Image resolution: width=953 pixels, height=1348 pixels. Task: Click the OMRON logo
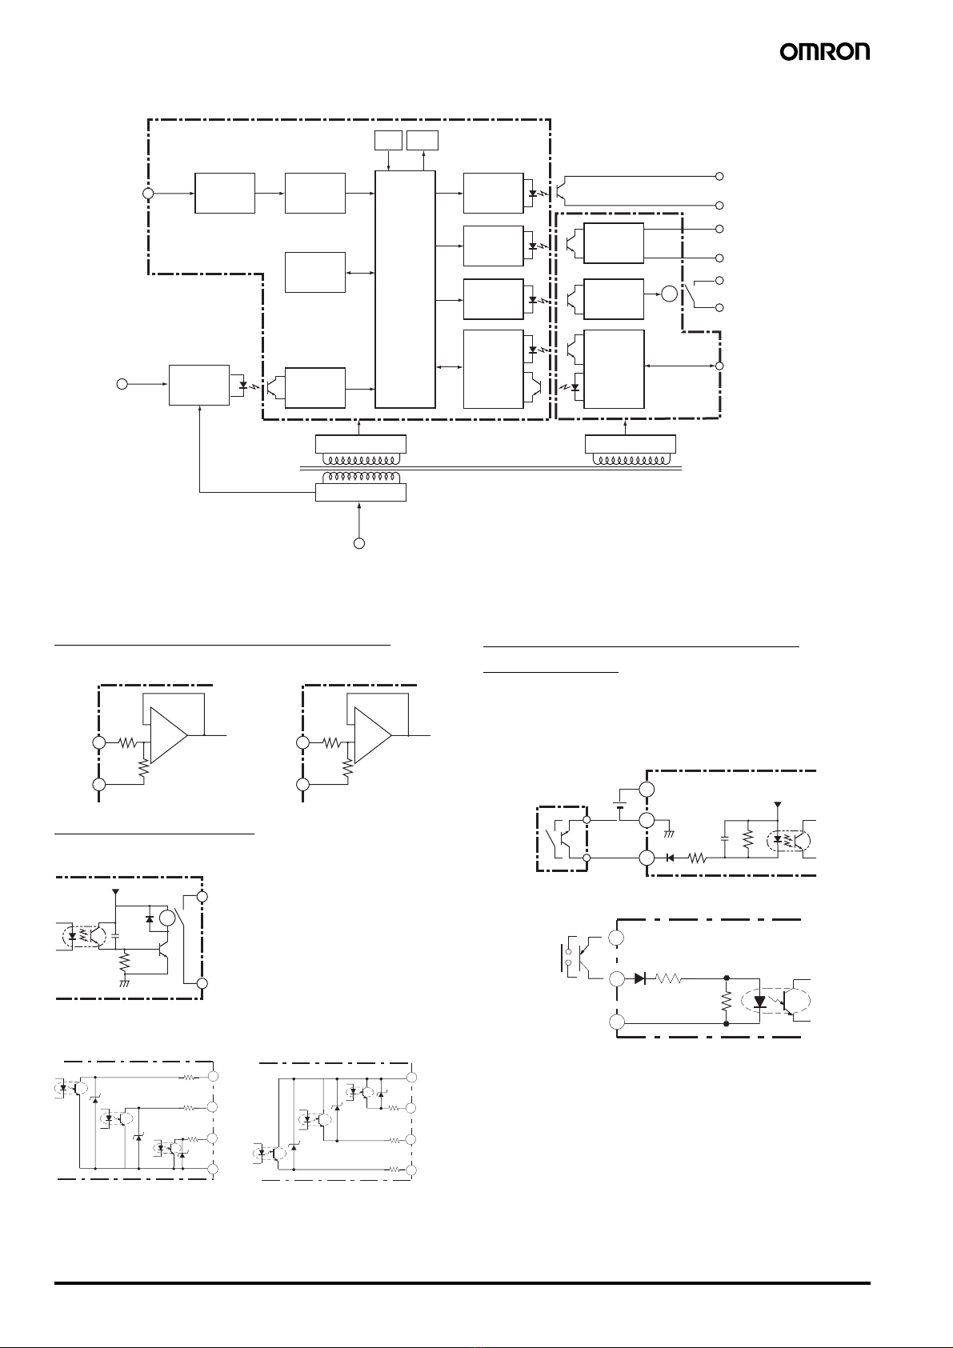pos(825,52)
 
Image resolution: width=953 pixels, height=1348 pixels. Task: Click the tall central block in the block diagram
pos(405,290)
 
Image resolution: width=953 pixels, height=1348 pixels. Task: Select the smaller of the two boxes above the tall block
pos(388,140)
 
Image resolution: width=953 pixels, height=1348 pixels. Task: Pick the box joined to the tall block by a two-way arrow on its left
pos(314,273)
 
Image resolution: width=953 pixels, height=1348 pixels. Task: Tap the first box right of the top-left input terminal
pos(225,193)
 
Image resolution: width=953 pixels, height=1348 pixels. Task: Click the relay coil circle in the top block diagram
pos(670,294)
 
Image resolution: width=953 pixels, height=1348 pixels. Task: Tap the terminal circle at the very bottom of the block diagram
pos(358,543)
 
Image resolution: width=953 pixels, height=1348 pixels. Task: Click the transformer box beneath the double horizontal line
pos(361,492)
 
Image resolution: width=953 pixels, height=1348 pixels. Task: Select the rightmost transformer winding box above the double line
pos(631,444)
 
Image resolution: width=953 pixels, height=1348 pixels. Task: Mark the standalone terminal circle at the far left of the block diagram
pos(122,383)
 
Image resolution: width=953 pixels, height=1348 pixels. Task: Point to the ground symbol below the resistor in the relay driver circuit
pos(124,983)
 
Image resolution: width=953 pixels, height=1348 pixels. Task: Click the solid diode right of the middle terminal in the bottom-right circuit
pos(640,979)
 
